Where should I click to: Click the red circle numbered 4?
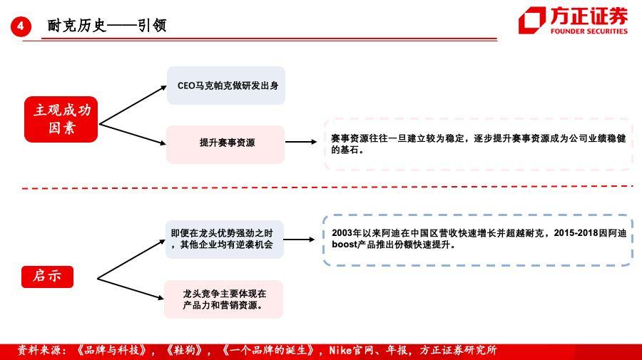(x=21, y=27)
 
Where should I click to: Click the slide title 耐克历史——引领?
(x=107, y=26)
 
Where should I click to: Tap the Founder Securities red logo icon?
(x=532, y=20)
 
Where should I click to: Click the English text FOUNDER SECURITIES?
(x=588, y=31)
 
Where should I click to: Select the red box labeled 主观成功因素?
(x=61, y=120)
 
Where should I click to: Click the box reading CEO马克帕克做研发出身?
(x=226, y=86)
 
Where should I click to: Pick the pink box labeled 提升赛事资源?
(x=225, y=145)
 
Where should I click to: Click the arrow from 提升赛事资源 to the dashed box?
(x=301, y=142)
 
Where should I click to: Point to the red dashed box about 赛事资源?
(x=478, y=144)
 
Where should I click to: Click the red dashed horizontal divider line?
(x=327, y=187)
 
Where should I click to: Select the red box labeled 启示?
(x=48, y=277)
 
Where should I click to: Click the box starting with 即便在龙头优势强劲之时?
(x=225, y=240)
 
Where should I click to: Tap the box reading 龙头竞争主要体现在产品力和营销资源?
(x=223, y=299)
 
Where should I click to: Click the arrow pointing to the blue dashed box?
(x=299, y=240)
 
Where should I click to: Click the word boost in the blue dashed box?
(x=344, y=245)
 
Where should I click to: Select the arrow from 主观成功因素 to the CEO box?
(x=133, y=105)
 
